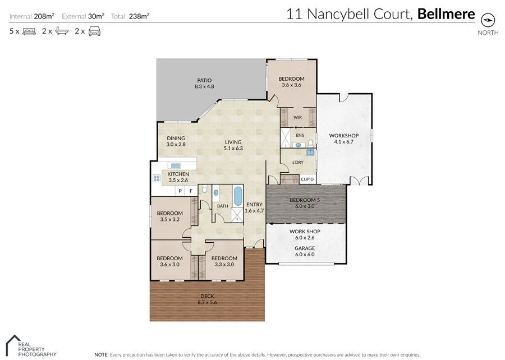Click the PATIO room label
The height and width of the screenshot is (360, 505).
pyautogui.click(x=204, y=84)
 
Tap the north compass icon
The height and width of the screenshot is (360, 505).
pyautogui.click(x=489, y=20)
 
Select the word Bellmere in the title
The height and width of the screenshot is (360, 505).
pyautogui.click(x=446, y=14)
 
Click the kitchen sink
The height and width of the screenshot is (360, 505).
pyautogui.click(x=176, y=165)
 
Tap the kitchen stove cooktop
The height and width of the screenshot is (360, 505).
pyautogui.click(x=156, y=179)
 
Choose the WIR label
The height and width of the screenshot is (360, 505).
pyautogui.click(x=299, y=117)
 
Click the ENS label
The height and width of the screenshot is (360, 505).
pyautogui.click(x=300, y=135)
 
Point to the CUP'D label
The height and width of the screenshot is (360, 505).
pyautogui.click(x=307, y=179)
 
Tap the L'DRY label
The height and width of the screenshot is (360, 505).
pyautogui.click(x=298, y=163)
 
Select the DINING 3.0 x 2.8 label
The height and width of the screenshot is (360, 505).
pyautogui.click(x=176, y=141)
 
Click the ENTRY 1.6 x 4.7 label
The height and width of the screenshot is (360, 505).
pyautogui.click(x=254, y=207)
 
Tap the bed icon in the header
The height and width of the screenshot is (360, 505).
pyautogui.click(x=29, y=31)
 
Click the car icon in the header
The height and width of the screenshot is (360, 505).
pyautogui.click(x=94, y=31)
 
